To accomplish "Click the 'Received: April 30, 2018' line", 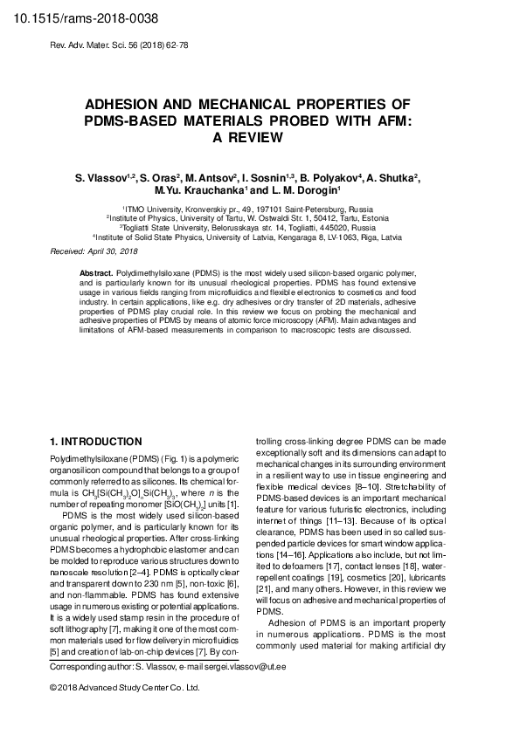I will pyautogui.click(x=94, y=251).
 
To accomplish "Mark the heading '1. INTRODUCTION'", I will pyautogui.click(x=96, y=442).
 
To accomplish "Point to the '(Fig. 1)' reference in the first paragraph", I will pyautogui.click(x=149, y=458).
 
